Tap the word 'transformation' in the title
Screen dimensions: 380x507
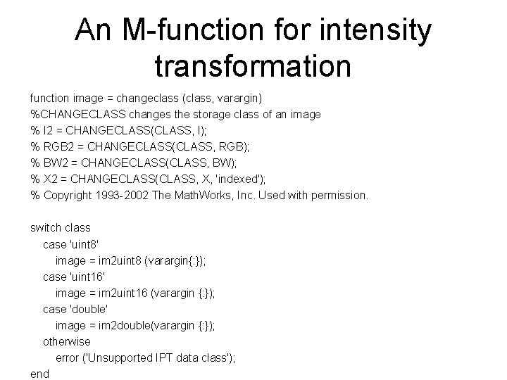(x=252, y=67)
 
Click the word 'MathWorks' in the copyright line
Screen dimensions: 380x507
(x=214, y=195)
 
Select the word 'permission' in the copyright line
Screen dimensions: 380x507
(x=339, y=195)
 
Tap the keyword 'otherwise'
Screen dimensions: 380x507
(x=67, y=342)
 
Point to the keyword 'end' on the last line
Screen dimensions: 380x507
(x=39, y=374)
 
